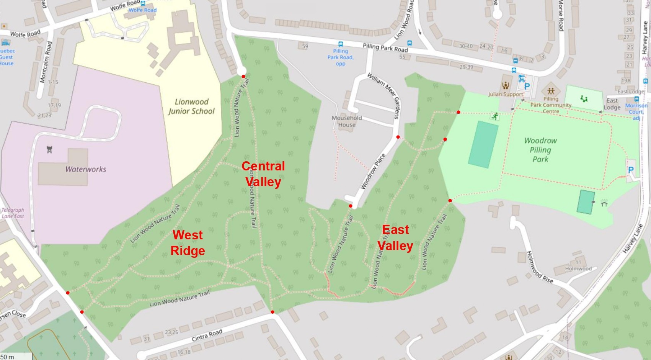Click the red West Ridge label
click(188, 243)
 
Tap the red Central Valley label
click(263, 174)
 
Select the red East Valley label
click(395, 237)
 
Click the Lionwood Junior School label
click(191, 106)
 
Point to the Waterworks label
click(86, 169)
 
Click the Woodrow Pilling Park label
click(540, 150)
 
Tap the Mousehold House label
click(347, 121)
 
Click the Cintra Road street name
click(207, 335)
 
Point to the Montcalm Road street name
click(46, 62)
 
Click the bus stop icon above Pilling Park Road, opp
click(340, 44)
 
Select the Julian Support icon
click(505, 85)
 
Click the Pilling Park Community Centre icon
click(551, 91)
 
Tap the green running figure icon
click(495, 116)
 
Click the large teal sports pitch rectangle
click(483, 144)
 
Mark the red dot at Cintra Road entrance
click(272, 312)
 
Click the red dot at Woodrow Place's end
click(351, 206)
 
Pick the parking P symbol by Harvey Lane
click(631, 170)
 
